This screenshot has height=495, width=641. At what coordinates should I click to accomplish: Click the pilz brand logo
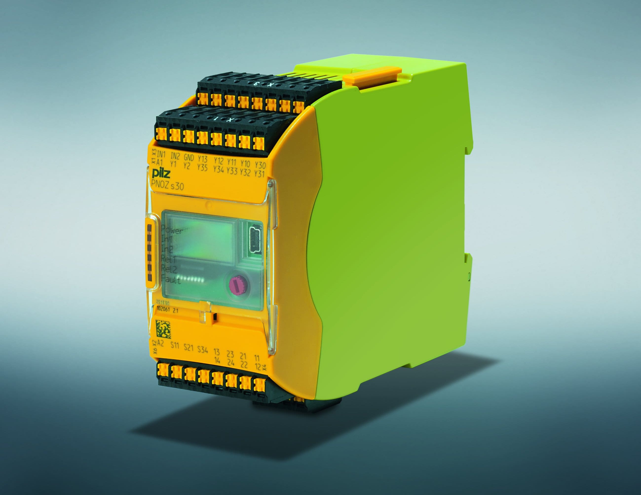[x=161, y=174]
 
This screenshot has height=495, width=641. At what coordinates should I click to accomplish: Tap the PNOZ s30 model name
[x=168, y=185]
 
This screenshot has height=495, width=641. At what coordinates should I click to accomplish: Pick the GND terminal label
[x=189, y=158]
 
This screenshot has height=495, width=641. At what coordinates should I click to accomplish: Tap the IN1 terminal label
[x=161, y=154]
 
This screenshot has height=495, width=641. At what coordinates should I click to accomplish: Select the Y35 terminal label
[x=202, y=167]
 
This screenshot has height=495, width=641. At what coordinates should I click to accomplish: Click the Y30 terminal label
[x=260, y=165]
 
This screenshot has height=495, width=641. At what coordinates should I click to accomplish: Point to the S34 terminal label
[x=203, y=350]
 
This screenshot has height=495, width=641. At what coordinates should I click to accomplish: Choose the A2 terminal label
[x=161, y=343]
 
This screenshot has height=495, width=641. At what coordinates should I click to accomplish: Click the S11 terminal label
[x=175, y=345]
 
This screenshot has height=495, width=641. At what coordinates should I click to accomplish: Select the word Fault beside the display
[x=171, y=280]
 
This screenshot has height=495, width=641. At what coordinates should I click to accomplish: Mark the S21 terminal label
[x=189, y=348]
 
